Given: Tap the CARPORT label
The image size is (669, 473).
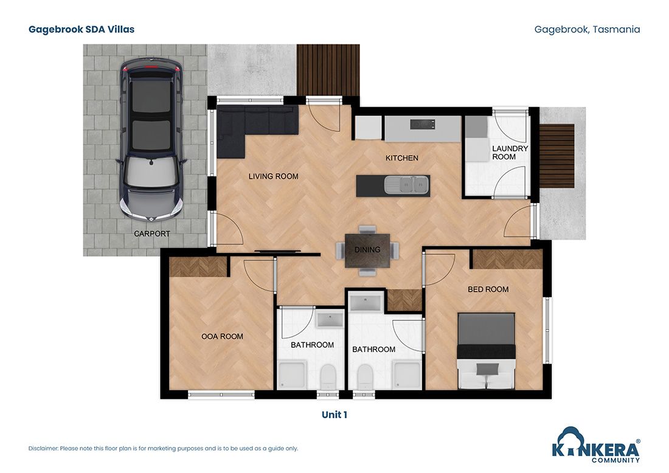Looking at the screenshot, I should [152, 233].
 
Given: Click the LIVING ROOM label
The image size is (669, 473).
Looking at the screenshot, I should [273, 176].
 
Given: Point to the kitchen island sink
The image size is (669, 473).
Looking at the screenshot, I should [406, 184].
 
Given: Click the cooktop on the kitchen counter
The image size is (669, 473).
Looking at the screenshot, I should [423, 125].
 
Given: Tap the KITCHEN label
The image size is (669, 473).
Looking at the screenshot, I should [402, 158].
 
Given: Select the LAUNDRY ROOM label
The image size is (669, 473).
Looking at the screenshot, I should [510, 153].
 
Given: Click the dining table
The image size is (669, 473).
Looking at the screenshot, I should [367, 250].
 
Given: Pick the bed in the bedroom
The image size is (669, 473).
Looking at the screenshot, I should [486, 351].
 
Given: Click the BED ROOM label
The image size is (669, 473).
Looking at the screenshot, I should [488, 289].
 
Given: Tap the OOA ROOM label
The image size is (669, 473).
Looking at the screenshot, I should [222, 336].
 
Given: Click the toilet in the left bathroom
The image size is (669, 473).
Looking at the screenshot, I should [327, 375].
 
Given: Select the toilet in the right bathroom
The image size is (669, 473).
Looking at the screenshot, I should [365, 375].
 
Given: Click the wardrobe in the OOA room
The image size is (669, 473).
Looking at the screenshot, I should [197, 267].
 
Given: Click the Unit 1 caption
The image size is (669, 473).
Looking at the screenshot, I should [334, 415].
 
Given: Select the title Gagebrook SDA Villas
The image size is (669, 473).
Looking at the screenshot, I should [81, 29].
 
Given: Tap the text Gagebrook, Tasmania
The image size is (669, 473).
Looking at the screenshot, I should [587, 29].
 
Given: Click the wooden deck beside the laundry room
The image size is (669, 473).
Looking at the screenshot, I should [556, 156].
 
